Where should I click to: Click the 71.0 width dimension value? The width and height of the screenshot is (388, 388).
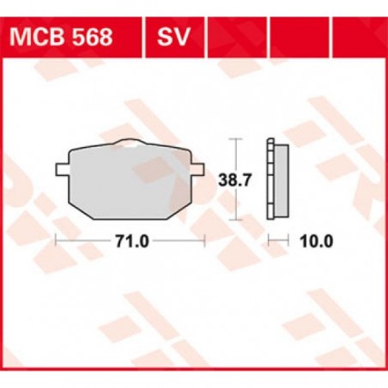click(130, 241)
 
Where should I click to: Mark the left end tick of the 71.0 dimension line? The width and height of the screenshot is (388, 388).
click(56, 241)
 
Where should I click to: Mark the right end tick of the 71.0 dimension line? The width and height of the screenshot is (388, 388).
click(206, 241)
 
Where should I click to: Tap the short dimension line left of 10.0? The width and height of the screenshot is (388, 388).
click(276, 241)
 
